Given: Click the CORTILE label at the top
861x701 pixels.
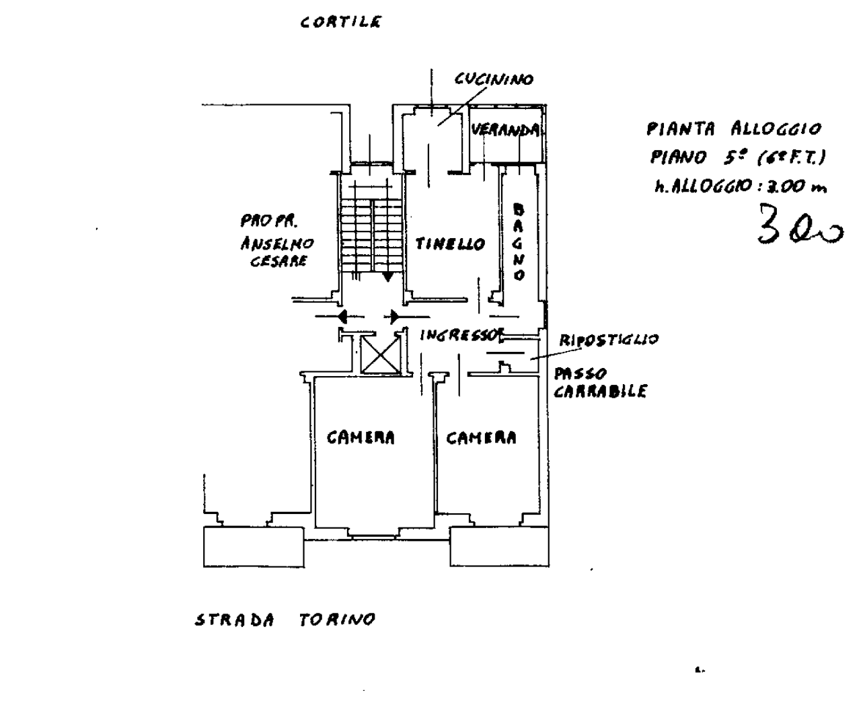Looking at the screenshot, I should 341,22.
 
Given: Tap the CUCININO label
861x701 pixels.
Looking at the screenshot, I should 494,79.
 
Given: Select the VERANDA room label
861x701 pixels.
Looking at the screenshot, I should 505,130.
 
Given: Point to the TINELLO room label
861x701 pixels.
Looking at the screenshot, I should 450,244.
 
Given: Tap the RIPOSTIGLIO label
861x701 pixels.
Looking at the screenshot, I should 609,340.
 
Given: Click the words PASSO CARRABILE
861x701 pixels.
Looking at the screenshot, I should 599,383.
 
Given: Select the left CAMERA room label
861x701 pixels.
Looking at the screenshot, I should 361,438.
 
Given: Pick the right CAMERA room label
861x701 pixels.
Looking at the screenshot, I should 482,438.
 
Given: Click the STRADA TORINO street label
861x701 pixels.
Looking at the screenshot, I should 285,620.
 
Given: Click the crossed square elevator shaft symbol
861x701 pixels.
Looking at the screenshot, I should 380,355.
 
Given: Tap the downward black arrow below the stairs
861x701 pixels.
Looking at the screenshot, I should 388,276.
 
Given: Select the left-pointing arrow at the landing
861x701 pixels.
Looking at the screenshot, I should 342,316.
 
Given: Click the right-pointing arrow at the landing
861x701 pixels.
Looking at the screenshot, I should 394,316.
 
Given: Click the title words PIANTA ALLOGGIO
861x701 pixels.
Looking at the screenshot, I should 734,128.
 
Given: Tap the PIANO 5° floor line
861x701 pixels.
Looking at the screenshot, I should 737,157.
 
